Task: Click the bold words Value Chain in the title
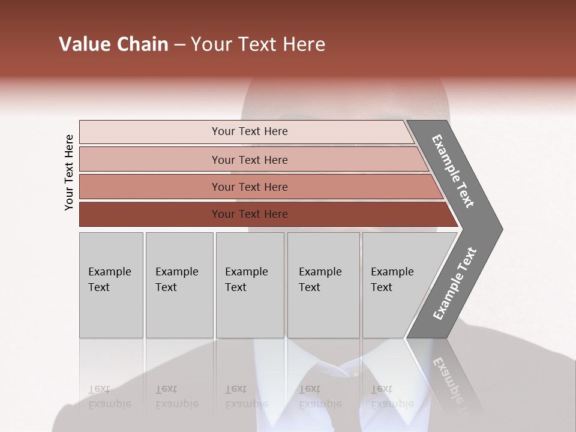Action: (113, 44)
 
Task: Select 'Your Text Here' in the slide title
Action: (258, 44)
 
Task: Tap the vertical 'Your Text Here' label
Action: (69, 172)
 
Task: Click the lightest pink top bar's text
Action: (250, 131)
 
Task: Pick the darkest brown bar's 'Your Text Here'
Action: (250, 214)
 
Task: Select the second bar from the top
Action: (250, 160)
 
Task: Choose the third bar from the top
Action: (250, 187)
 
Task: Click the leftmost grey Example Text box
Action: (110, 284)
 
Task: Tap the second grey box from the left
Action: (179, 284)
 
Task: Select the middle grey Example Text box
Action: (249, 284)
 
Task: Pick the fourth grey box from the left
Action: (323, 284)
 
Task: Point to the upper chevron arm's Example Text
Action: (453, 171)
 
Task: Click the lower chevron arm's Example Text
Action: (455, 283)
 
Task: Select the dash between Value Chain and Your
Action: (179, 45)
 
